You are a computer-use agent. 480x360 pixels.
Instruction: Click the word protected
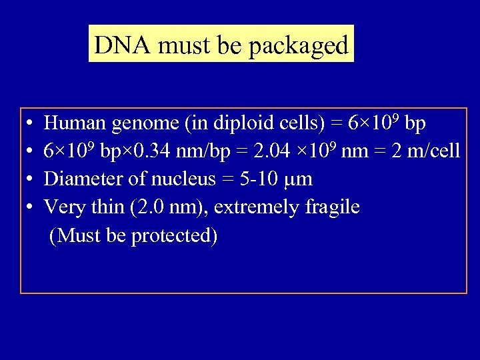[x=174, y=237]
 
